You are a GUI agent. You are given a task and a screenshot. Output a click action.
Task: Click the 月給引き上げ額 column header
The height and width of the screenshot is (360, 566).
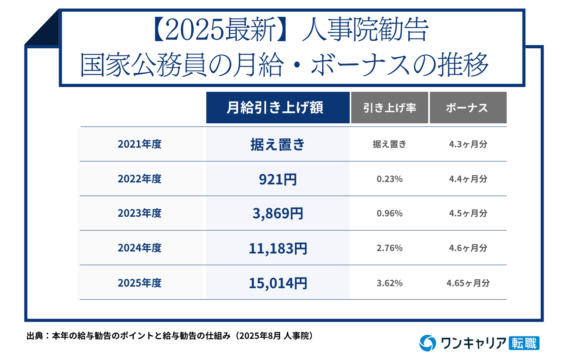pos(278,108)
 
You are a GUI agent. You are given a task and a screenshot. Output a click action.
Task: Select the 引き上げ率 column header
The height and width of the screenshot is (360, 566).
pos(389,108)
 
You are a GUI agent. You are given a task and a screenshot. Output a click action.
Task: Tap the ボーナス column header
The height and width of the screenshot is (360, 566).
pos(467,108)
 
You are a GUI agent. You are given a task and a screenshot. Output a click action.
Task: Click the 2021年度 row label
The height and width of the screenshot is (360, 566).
pos(140,144)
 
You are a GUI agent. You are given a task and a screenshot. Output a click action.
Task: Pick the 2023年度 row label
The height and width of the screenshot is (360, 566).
pos(140,213)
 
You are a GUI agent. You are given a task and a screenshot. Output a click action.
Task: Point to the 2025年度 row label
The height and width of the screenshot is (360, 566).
pos(140,283)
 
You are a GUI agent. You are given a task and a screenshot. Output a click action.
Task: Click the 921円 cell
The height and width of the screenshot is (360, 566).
pos(278,179)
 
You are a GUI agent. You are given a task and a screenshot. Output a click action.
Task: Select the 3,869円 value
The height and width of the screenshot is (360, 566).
pos(278,214)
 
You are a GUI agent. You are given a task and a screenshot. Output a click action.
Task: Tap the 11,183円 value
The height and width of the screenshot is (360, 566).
pos(278,248)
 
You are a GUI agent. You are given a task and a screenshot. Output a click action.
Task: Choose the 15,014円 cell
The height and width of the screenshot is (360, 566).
pos(278,283)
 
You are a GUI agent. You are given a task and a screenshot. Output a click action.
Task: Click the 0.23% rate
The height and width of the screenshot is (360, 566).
pos(390,179)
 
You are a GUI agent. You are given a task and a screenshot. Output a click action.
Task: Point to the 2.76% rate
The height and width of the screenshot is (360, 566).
pos(390,248)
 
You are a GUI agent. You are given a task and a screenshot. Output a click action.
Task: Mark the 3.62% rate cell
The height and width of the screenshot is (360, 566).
pos(390,283)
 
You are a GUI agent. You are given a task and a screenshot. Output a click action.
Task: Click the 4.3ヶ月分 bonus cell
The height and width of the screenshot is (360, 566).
pos(468,144)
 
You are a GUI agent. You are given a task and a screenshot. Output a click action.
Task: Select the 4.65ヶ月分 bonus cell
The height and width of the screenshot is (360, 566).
pos(468,283)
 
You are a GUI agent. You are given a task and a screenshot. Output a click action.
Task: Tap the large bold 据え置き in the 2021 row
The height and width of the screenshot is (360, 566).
pos(278,144)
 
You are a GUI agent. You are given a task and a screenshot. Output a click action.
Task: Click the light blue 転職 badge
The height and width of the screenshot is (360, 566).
pos(524,343)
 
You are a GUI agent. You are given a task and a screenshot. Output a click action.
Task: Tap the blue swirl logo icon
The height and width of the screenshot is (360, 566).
pos(427,343)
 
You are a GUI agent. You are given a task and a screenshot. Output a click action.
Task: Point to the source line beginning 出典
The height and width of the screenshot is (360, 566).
pos(170,336)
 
